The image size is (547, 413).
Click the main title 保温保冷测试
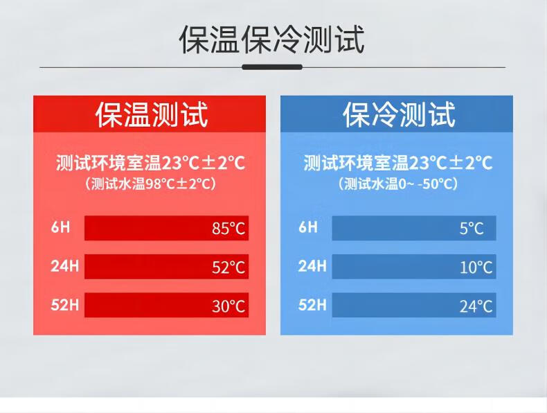271,39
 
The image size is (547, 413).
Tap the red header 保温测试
152,114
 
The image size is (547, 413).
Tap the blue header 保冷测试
399,114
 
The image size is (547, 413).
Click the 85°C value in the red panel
228,228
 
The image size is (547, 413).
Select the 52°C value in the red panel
228,267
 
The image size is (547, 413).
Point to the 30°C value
228,306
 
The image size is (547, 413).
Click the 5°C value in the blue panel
472,228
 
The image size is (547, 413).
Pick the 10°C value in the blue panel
476,267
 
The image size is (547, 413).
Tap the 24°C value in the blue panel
476,306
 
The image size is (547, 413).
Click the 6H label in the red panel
60,227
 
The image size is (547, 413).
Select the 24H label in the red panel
64,266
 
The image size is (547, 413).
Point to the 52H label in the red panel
64,305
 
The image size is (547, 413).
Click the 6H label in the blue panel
308,227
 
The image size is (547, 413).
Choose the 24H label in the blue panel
312,266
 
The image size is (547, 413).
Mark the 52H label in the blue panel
312,305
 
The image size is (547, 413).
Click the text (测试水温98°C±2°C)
150,184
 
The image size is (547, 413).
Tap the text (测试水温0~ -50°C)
397,184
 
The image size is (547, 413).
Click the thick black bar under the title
272,67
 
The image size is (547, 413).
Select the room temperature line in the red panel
150,163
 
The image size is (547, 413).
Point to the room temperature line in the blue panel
397,163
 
